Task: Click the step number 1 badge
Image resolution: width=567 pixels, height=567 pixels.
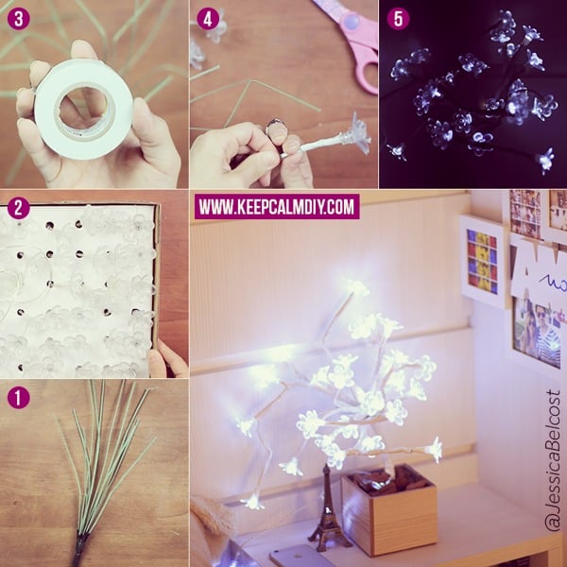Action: point(18,398)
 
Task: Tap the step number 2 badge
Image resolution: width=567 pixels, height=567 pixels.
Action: point(18,208)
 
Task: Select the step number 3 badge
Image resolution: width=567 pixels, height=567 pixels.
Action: point(18,19)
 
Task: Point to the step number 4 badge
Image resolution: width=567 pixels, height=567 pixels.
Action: point(208,19)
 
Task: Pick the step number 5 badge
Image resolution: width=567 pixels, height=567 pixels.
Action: point(398,19)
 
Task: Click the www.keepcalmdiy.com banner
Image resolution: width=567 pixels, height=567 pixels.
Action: point(277,207)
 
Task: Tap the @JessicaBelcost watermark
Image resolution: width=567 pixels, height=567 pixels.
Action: point(552,460)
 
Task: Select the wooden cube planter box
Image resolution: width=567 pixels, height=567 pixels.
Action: point(389,509)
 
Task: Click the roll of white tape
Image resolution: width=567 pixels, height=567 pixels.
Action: point(84,110)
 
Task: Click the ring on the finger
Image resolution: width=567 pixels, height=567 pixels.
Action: point(275,126)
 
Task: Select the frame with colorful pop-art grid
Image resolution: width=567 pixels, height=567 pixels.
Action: point(482,260)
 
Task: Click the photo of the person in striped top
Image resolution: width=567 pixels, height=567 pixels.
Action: point(538,333)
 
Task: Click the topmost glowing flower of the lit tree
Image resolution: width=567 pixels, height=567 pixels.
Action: point(358,288)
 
